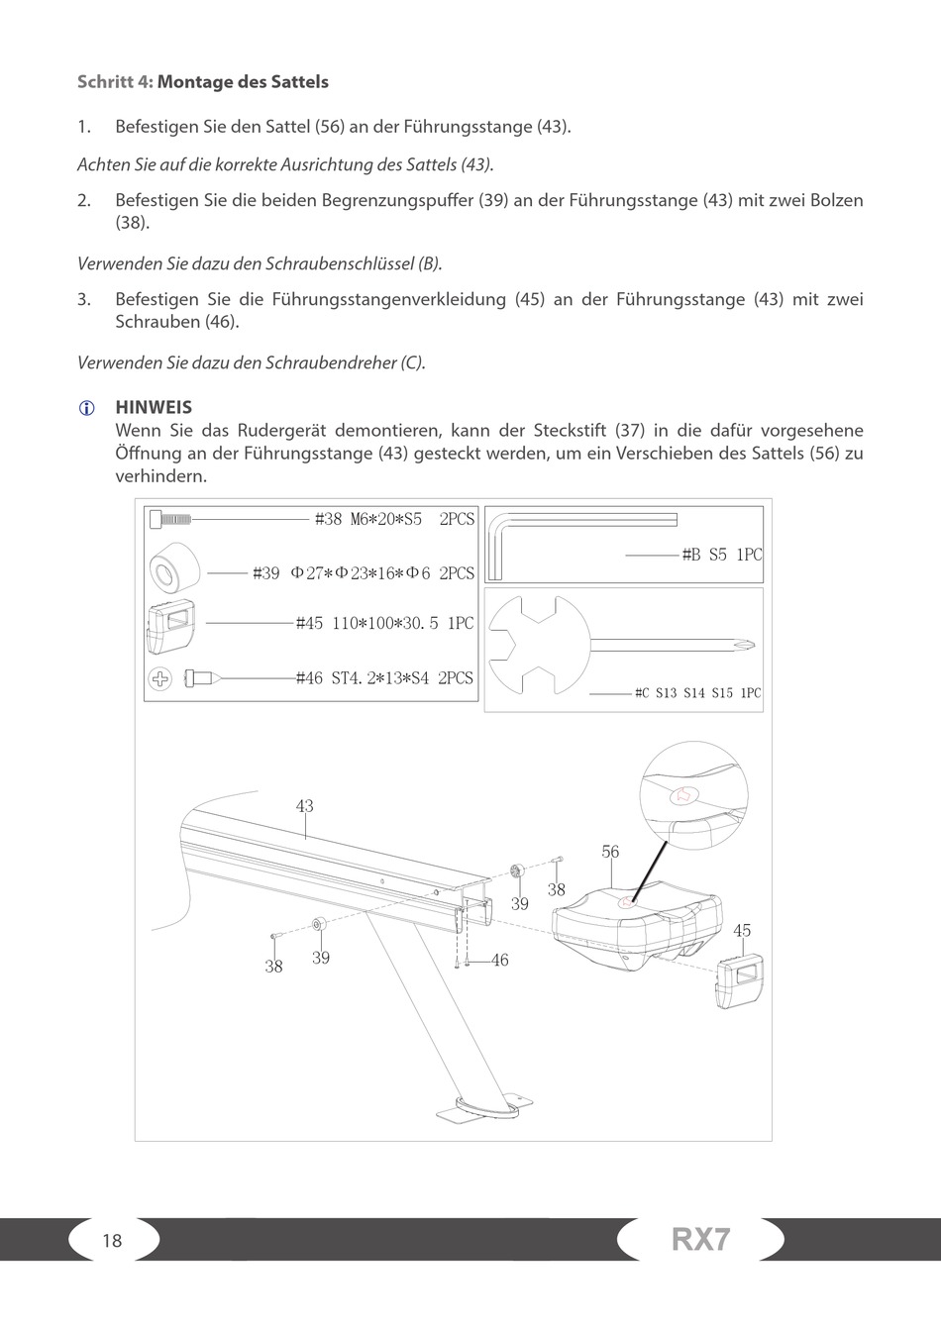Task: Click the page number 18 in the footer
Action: coord(112,1240)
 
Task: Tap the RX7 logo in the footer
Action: coord(700,1239)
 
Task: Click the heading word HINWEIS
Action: coord(154,407)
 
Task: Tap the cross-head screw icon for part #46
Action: coord(161,679)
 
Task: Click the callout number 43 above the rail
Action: coord(304,806)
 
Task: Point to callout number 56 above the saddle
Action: coord(610,852)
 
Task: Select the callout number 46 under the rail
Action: coord(499,960)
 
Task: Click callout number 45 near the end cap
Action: coord(742,930)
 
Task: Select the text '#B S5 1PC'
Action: coord(722,555)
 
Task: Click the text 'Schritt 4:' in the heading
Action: coord(115,81)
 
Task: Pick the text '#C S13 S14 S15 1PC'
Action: coord(697,693)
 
